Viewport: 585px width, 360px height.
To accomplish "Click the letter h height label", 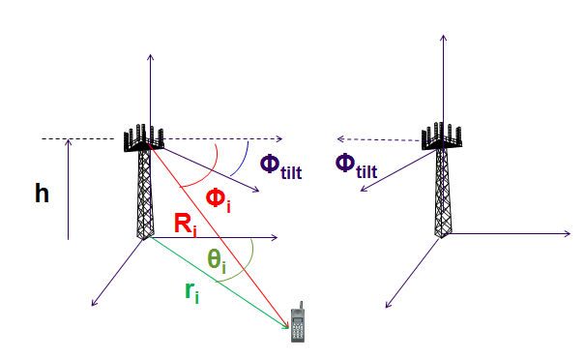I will (42, 194).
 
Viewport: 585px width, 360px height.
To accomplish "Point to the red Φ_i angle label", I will (219, 201).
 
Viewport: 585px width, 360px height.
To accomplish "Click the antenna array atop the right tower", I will (443, 136).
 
